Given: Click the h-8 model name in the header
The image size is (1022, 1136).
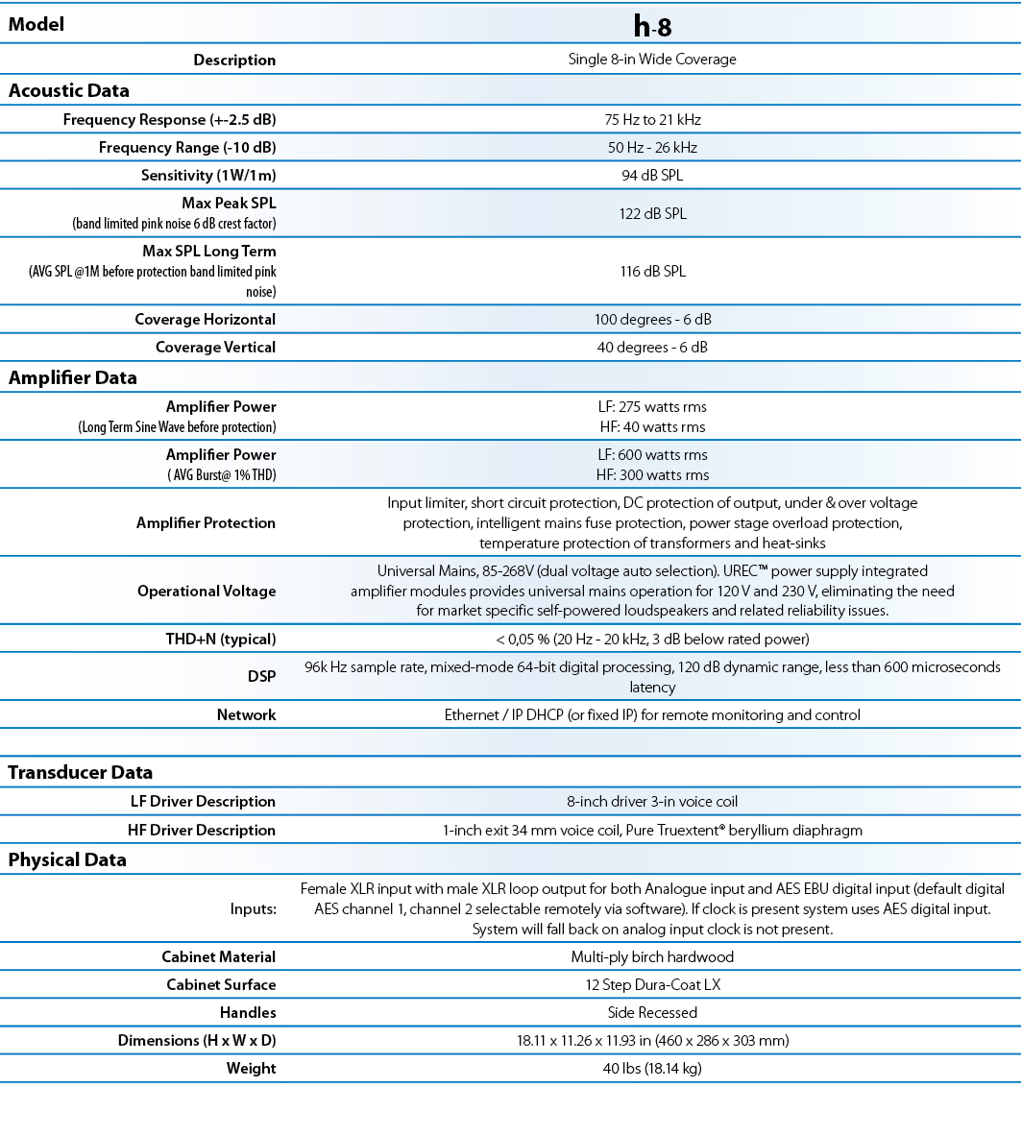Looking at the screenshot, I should click(652, 26).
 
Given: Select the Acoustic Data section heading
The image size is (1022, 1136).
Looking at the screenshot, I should click(69, 91).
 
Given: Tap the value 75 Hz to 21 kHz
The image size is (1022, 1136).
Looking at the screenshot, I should click(652, 120).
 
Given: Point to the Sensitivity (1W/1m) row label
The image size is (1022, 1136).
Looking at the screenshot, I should click(208, 176).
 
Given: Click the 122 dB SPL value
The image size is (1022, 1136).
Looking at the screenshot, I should click(652, 214).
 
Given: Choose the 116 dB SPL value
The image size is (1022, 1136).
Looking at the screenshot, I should click(652, 272).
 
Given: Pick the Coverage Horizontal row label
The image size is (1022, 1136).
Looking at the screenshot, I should click(205, 320).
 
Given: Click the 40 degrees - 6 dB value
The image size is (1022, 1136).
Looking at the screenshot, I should click(652, 348).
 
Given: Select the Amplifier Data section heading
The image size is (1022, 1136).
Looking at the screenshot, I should click(73, 378).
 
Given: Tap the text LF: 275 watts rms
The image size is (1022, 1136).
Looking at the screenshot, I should click(652, 407).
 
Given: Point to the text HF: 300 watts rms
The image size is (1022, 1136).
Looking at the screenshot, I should click(652, 475).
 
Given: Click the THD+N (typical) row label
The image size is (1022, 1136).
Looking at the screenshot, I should click(221, 640).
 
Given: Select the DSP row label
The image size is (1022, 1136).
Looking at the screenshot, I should click(261, 677).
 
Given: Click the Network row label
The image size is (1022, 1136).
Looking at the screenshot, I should click(246, 715).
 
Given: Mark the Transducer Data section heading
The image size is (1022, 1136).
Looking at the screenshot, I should click(81, 773).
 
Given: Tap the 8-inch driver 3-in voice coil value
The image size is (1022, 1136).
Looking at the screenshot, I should click(652, 802).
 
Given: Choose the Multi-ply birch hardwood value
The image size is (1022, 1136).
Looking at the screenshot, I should click(652, 957).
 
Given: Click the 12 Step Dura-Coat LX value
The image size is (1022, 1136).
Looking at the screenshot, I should click(652, 985).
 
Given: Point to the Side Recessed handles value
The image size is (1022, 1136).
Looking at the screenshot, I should click(652, 1013).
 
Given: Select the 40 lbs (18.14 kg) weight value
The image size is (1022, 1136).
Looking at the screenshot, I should click(652, 1069).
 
